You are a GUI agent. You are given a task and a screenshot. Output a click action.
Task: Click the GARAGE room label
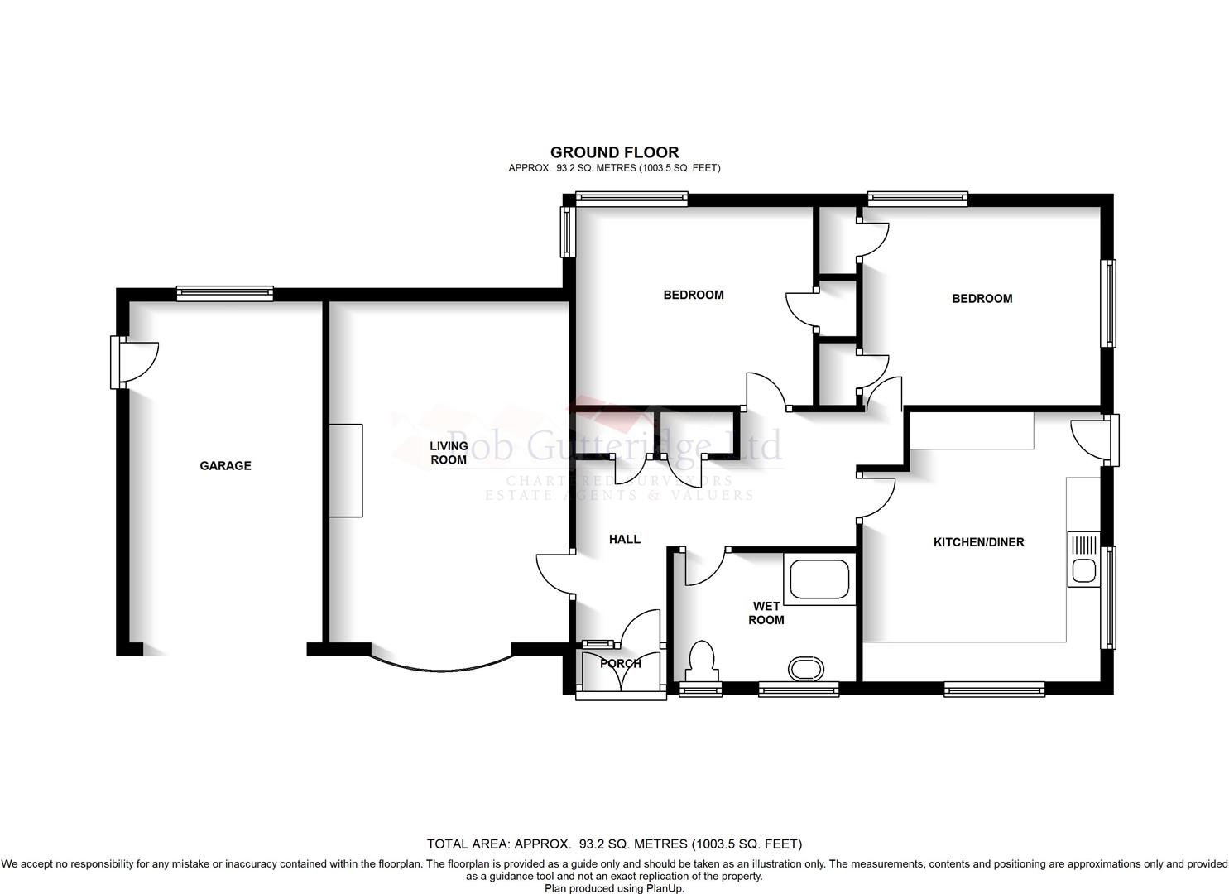point(225,466)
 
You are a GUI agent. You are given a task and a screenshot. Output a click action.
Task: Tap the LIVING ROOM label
point(449,453)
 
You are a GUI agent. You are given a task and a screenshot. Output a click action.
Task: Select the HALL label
point(625,540)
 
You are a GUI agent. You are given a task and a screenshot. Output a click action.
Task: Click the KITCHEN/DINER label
point(978,542)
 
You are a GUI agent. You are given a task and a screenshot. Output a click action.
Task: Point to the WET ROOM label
point(766,613)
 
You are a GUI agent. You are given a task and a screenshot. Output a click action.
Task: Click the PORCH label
point(621,664)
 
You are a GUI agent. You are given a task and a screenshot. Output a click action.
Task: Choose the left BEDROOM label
point(694,295)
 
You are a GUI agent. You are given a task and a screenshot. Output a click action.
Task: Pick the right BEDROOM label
point(982,299)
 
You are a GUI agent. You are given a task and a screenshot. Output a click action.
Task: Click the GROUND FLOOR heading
point(614,152)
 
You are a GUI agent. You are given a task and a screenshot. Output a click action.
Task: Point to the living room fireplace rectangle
point(346,470)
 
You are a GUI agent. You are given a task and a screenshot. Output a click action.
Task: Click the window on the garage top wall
point(224,293)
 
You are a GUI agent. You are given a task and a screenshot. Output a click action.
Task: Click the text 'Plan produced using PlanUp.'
point(614,887)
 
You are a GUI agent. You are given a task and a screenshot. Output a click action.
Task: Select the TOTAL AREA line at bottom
point(614,844)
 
